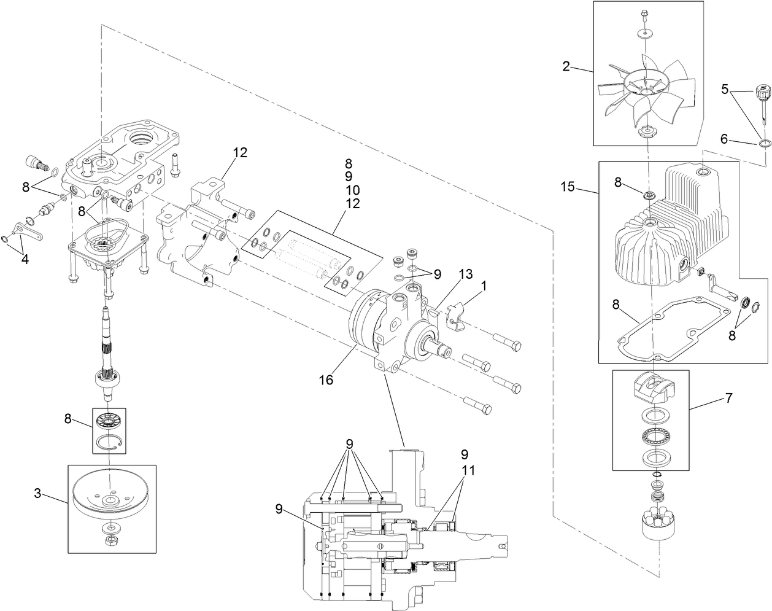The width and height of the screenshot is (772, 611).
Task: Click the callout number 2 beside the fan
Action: click(x=566, y=66)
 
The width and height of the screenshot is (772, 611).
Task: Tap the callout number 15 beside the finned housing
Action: click(x=568, y=186)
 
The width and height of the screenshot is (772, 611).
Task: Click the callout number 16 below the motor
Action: click(x=326, y=380)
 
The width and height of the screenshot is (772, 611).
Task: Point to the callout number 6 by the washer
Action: click(x=725, y=139)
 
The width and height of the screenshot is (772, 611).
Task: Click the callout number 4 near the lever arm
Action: click(x=24, y=259)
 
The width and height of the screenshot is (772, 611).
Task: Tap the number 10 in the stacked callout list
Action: click(x=352, y=190)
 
